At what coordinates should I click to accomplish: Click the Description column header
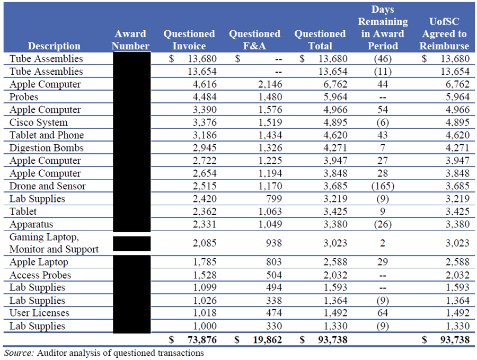click(54, 46)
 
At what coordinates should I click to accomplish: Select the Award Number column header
click(131, 40)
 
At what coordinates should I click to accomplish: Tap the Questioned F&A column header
click(254, 40)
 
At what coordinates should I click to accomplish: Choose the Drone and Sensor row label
click(47, 186)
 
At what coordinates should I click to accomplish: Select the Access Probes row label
click(40, 275)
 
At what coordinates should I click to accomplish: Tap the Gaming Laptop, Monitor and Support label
click(54, 243)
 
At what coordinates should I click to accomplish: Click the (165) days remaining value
click(383, 186)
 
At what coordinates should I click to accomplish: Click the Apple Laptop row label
click(39, 262)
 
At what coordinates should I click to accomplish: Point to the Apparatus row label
click(31, 224)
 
